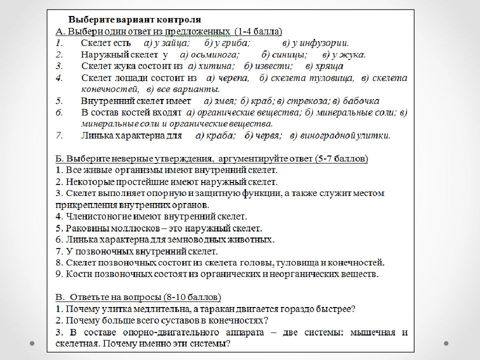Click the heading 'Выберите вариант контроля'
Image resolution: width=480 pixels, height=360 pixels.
(x=134, y=20)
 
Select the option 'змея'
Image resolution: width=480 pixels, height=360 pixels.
(x=226, y=100)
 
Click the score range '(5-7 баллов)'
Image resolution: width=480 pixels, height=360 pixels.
(x=341, y=159)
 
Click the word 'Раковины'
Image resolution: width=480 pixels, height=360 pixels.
(x=83, y=228)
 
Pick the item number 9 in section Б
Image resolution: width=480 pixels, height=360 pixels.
(x=57, y=274)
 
